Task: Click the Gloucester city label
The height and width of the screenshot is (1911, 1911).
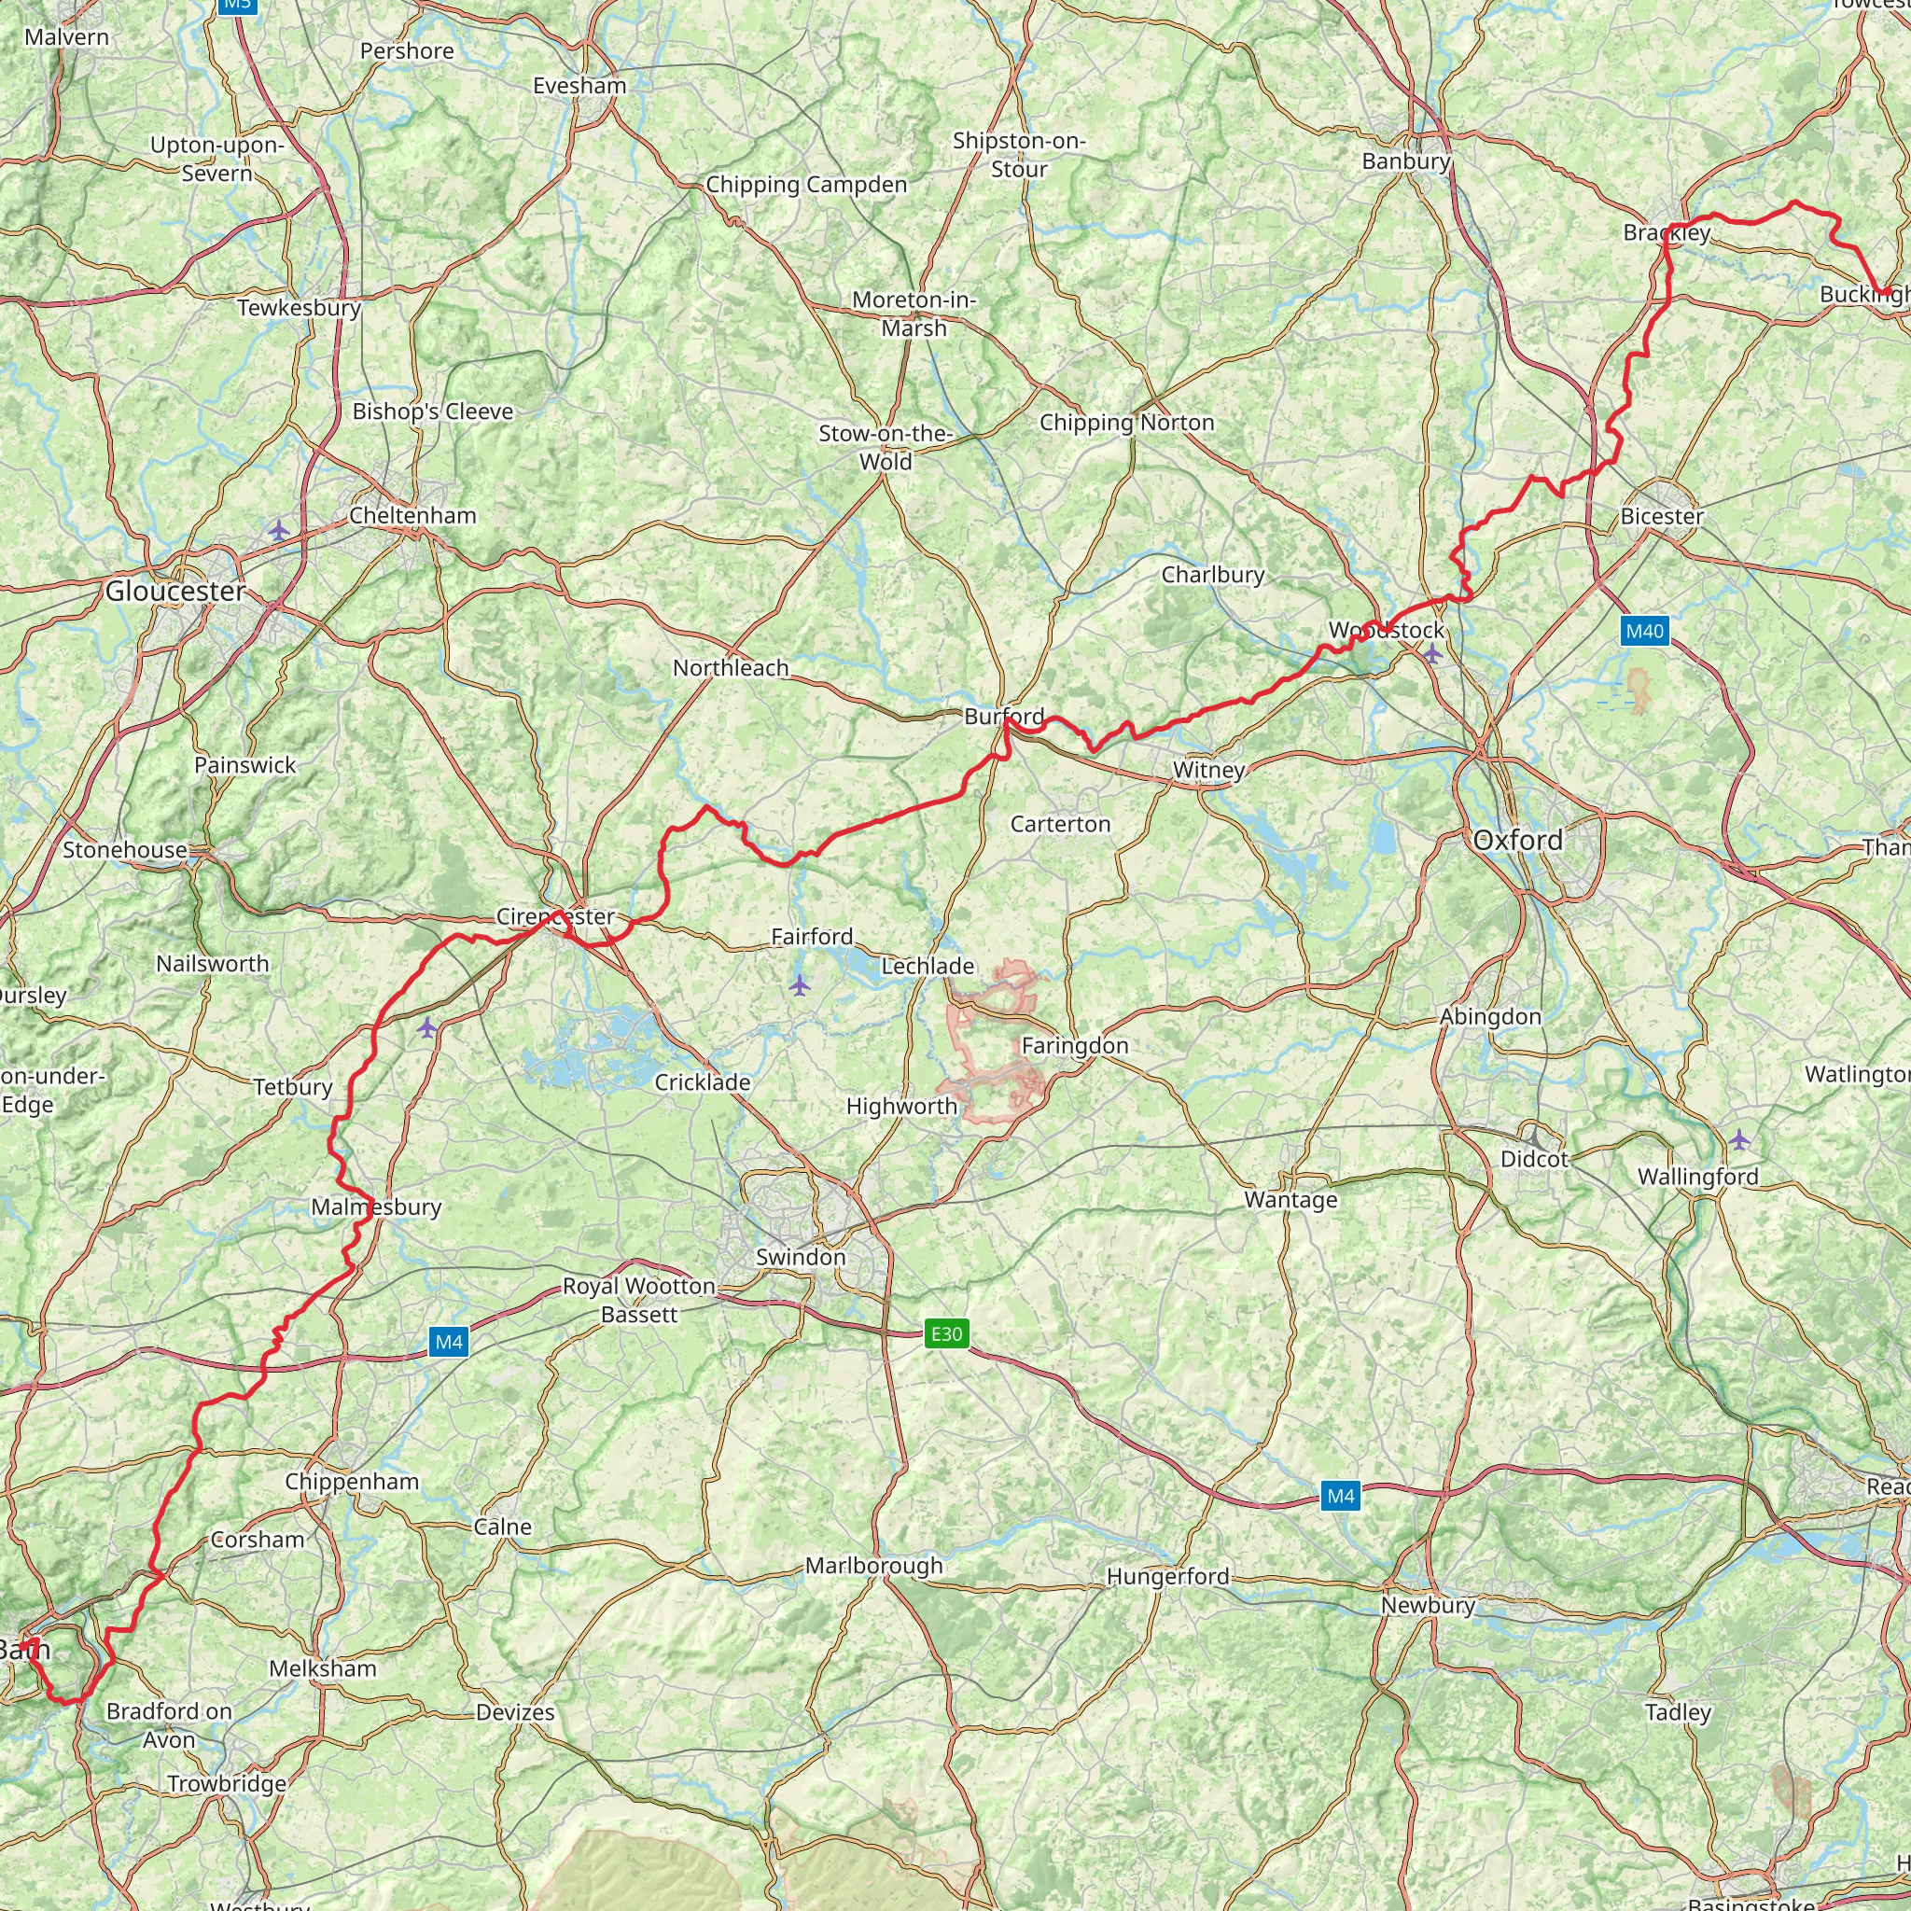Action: tap(175, 592)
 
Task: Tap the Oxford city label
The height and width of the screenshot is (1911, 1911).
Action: tap(1517, 841)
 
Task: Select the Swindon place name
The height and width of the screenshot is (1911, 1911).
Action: tap(801, 1257)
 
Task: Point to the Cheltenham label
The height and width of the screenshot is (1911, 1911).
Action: tap(412, 515)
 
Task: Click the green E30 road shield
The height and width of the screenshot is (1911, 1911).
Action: tap(945, 1334)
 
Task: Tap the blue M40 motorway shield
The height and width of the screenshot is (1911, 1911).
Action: tap(1645, 631)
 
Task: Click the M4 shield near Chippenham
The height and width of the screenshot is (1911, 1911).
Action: tap(449, 1342)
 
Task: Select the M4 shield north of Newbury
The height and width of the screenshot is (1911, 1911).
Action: tap(1340, 1496)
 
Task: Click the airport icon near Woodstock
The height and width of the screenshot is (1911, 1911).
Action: tap(1432, 653)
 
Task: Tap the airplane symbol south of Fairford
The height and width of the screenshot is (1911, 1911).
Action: tap(800, 985)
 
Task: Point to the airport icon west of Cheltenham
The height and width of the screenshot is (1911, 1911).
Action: tap(279, 531)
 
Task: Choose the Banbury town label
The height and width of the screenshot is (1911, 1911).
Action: tap(1405, 161)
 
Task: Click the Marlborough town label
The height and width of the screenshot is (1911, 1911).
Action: tap(873, 1566)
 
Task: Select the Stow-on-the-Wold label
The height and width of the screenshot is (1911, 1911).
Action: tap(886, 447)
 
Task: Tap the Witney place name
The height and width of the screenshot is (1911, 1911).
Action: tap(1208, 770)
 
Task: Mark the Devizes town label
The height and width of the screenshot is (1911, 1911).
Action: tap(515, 1712)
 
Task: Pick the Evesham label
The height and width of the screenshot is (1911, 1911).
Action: tap(579, 86)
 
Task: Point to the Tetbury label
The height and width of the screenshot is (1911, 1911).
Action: tap(293, 1087)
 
